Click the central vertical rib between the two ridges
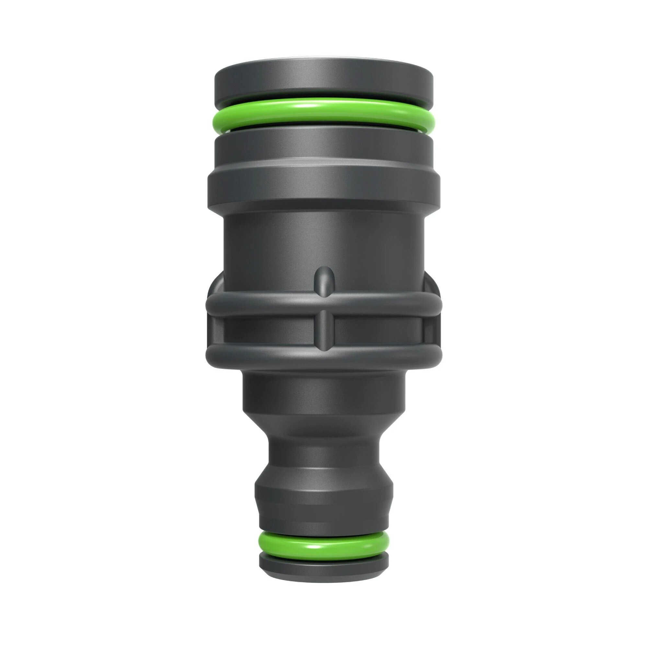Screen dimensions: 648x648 click(324, 330)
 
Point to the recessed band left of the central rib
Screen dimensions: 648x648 click(268, 330)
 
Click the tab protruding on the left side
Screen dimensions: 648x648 click(215, 288)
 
